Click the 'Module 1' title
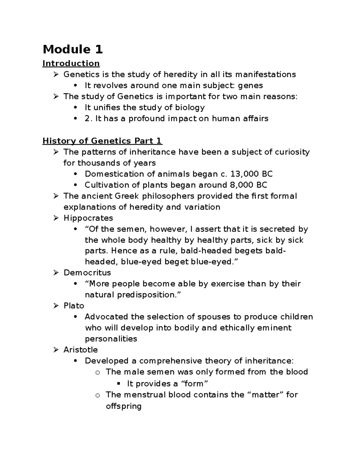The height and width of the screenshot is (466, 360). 73,49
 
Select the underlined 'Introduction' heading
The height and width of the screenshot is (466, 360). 71,63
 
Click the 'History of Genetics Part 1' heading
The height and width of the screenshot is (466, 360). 102,141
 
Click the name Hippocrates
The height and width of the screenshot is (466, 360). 88,218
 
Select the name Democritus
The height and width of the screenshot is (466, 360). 87,272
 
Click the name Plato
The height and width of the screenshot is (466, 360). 73,306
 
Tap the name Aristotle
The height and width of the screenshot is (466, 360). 80,350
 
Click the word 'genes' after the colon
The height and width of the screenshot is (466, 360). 250,86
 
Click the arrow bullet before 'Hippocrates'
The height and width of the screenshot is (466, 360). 56,218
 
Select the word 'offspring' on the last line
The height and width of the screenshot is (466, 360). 123,406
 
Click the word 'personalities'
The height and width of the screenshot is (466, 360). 111,339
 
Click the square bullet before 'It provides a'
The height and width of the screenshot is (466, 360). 119,383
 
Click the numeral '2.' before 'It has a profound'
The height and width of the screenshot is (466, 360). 88,119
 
